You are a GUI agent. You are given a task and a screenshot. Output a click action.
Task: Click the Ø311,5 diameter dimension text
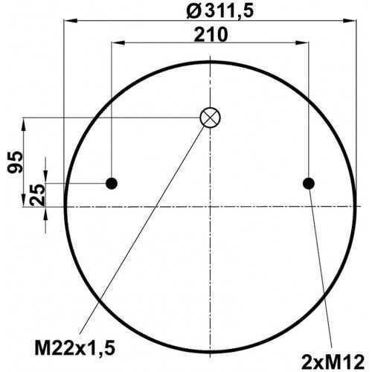[220, 11]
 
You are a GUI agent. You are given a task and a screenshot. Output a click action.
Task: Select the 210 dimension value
[211, 35]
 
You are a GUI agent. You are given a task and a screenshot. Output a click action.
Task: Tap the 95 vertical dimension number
[15, 161]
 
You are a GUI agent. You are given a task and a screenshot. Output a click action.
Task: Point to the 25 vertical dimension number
[37, 195]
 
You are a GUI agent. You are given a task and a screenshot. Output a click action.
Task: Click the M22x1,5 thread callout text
[75, 347]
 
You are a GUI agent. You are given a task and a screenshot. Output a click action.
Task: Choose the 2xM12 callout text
[333, 362]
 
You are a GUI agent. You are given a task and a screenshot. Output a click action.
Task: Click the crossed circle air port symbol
[210, 118]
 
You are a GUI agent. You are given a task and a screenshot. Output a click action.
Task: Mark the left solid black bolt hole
[112, 184]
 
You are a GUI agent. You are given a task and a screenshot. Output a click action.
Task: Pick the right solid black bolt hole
[309, 184]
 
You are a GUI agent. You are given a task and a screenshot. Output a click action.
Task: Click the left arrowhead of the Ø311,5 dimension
[70, 21]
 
